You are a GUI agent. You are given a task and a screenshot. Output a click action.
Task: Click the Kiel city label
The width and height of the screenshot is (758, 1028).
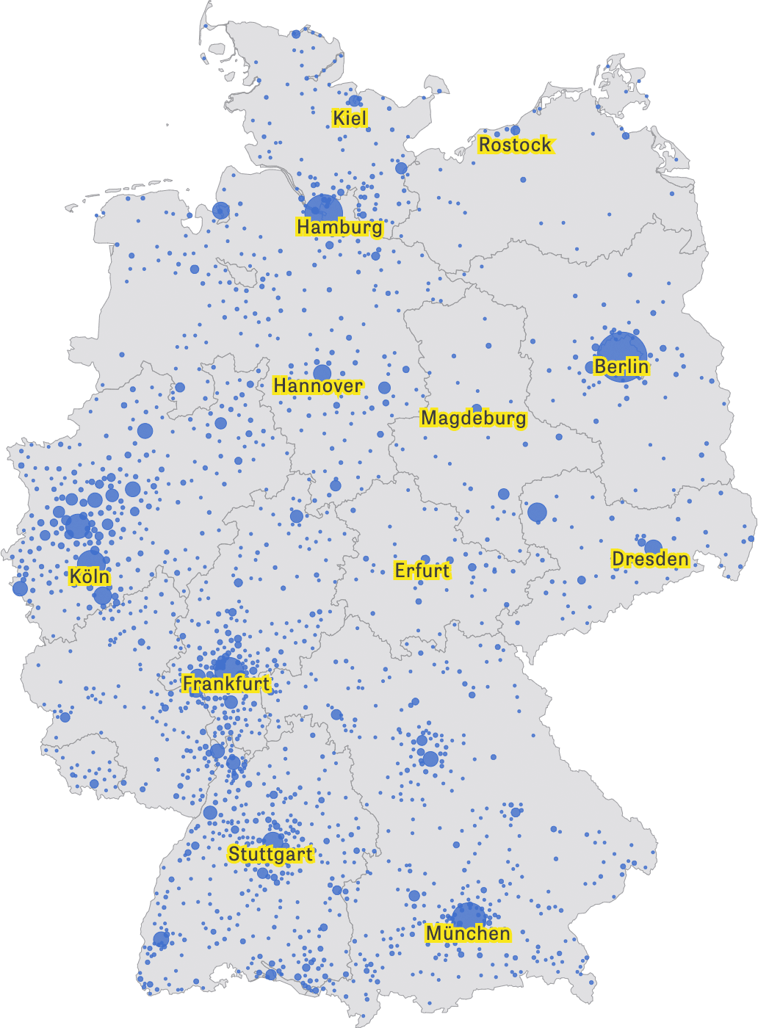click(350, 118)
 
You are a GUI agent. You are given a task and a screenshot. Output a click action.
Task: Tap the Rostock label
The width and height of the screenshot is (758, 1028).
click(515, 145)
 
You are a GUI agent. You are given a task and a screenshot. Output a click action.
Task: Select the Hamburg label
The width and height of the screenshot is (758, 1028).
click(339, 228)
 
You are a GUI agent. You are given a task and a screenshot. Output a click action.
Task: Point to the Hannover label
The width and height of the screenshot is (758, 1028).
click(318, 386)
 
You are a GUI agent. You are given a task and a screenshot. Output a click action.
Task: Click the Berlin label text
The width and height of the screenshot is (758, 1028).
click(621, 367)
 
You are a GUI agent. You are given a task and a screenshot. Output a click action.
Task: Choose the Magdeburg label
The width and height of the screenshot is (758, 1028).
click(473, 419)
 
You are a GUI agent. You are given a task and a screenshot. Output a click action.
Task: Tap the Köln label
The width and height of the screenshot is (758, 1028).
click(90, 577)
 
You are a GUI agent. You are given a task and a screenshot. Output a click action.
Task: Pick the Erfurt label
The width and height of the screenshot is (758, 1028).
click(422, 571)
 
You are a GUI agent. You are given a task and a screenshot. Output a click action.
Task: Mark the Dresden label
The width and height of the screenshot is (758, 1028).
click(650, 560)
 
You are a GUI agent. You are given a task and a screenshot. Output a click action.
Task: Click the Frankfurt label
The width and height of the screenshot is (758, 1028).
click(226, 684)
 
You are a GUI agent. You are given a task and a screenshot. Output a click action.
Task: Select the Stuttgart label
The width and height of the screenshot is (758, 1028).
click(270, 855)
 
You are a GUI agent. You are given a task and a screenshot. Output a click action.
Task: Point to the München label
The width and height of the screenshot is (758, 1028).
click(468, 934)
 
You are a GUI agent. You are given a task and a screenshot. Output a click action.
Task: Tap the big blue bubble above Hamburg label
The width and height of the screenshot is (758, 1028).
click(323, 209)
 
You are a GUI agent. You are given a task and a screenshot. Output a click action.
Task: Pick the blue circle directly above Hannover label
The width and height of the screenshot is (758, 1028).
click(322, 372)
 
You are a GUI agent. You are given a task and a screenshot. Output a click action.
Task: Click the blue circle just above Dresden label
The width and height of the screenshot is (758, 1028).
click(653, 547)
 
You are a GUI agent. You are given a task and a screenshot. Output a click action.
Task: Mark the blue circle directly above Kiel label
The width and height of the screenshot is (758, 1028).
click(355, 101)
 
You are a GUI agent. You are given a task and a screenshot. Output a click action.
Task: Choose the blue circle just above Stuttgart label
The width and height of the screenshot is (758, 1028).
click(272, 840)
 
